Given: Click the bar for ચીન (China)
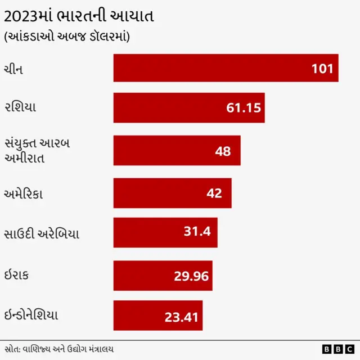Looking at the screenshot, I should click(x=225, y=68).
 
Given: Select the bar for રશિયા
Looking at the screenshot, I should click(x=188, y=108).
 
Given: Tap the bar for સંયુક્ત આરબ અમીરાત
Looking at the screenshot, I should click(x=177, y=150).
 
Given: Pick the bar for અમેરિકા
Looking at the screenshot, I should click(x=172, y=193).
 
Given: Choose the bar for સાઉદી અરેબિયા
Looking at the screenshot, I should click(x=165, y=233).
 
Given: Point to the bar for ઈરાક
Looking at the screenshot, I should click(x=163, y=275).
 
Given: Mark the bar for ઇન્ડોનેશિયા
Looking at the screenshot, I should click(x=157, y=316).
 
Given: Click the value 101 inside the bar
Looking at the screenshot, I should click(x=322, y=69).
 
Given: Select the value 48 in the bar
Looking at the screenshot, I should click(x=223, y=151).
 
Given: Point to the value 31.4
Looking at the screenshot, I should click(x=197, y=231).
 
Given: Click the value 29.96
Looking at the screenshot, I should click(x=191, y=276).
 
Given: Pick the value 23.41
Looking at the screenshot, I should click(x=181, y=317).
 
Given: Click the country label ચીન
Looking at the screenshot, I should click(x=14, y=69).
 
